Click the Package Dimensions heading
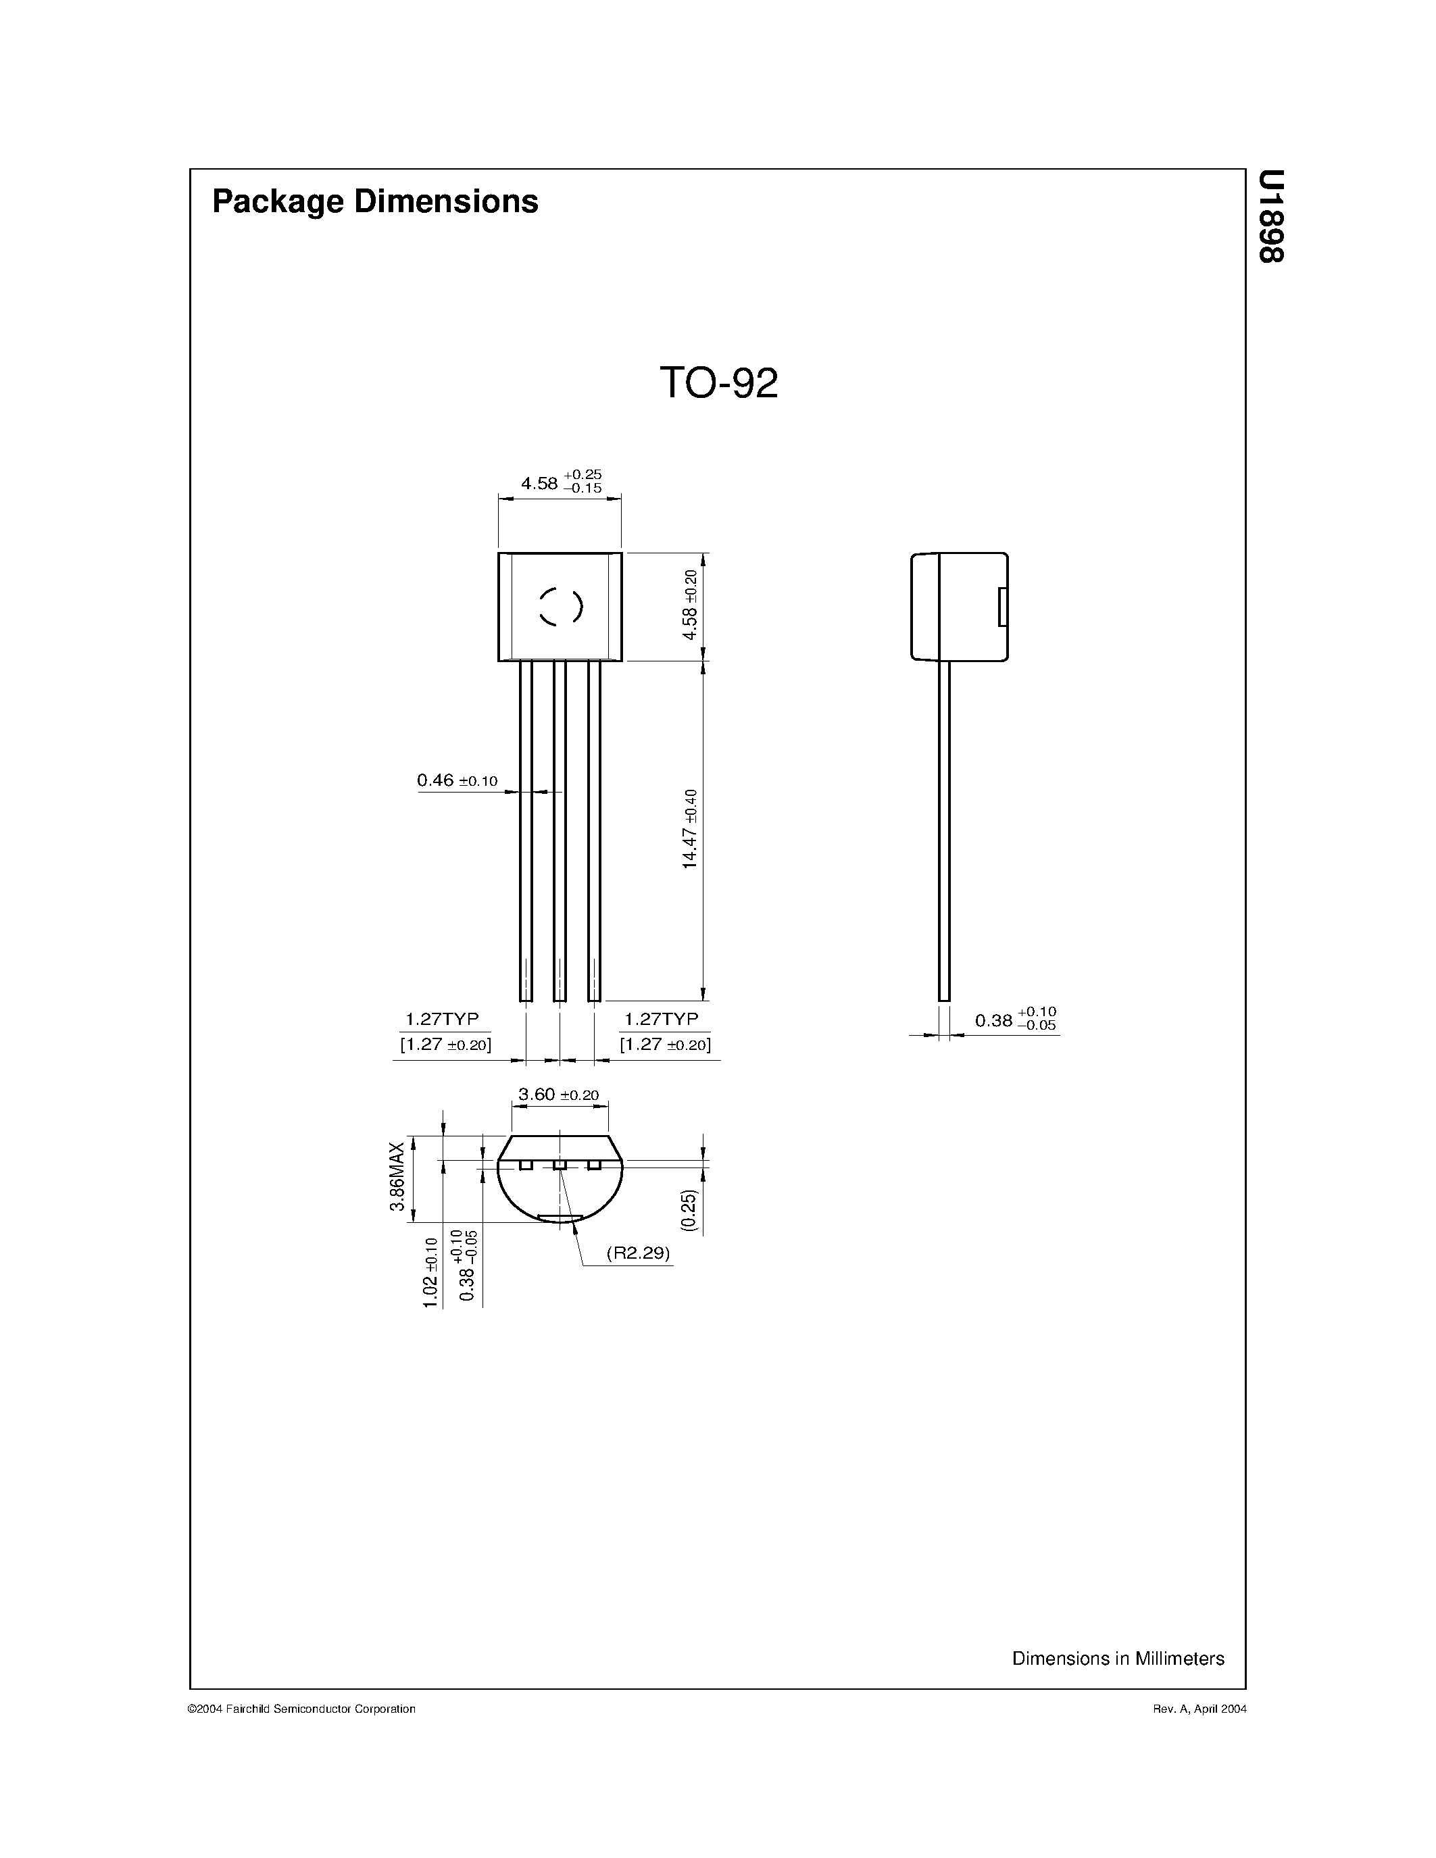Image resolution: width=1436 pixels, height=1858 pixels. (375, 201)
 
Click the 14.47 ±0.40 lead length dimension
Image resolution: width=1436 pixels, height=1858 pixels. (690, 828)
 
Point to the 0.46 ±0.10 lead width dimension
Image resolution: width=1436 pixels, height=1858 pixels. (457, 780)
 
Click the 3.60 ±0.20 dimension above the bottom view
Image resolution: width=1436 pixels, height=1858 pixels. (558, 1095)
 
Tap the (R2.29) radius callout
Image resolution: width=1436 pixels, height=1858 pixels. (638, 1253)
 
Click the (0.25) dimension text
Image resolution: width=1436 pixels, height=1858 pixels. (689, 1210)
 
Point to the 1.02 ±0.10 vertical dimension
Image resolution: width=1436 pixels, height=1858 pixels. (430, 1273)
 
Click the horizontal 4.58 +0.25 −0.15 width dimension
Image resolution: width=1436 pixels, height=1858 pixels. (561, 482)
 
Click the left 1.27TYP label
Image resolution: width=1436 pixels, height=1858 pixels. (441, 1018)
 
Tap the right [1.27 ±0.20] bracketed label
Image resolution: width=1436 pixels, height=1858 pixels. (665, 1044)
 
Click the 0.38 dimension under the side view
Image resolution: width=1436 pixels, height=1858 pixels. (1015, 1019)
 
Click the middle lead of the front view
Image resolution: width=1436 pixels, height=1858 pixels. (560, 830)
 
